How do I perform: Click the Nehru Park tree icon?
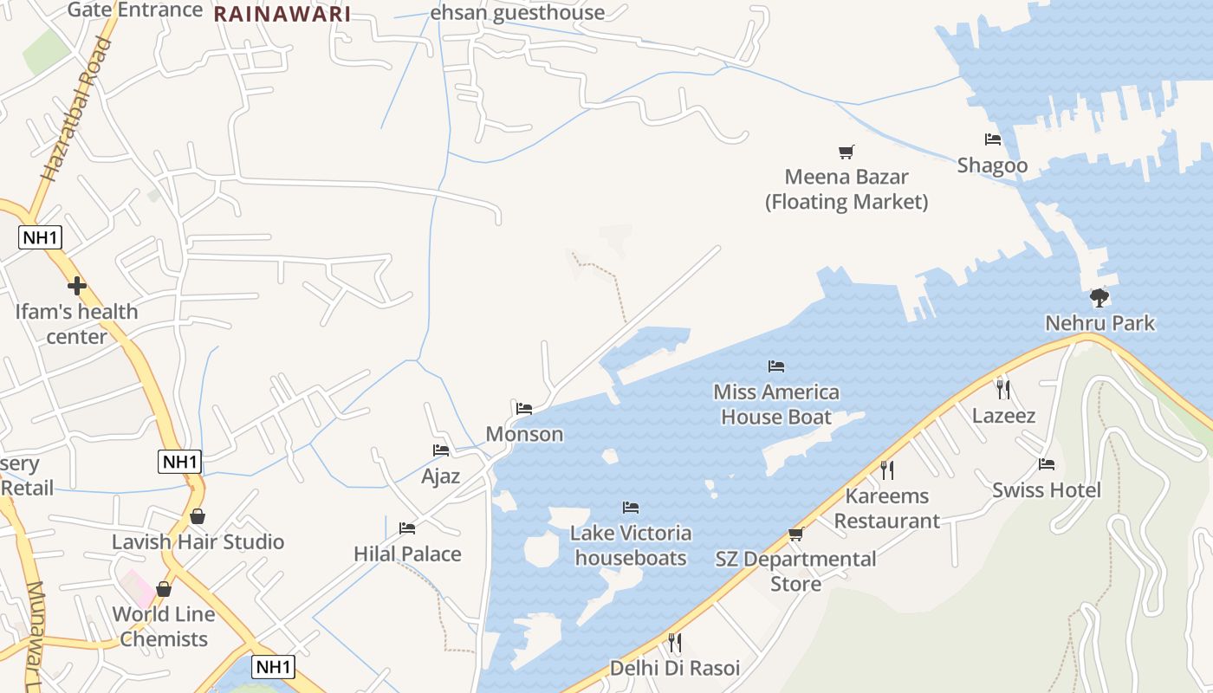coord(1099,298)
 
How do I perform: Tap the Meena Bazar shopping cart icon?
coord(847,152)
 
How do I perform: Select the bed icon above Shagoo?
coord(993,139)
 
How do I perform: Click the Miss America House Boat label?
coord(776,405)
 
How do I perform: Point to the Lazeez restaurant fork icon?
coord(1003,389)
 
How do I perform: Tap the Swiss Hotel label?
coord(1047,490)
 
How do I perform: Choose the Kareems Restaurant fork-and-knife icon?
coord(886,470)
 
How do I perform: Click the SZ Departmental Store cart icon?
coord(796,534)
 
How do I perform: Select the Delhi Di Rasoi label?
coord(675,669)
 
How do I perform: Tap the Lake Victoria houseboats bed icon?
coord(631,508)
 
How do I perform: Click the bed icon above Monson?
coord(524,409)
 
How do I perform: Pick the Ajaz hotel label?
coord(440,476)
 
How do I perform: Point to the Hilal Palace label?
coord(407,554)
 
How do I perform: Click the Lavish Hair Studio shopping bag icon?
coord(198,516)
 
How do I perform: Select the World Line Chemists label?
coord(164,626)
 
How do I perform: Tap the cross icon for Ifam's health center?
coord(77,285)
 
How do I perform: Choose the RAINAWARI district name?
coord(282,15)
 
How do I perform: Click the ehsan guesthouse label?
coord(517,13)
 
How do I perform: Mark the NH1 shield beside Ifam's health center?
coord(41,236)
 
